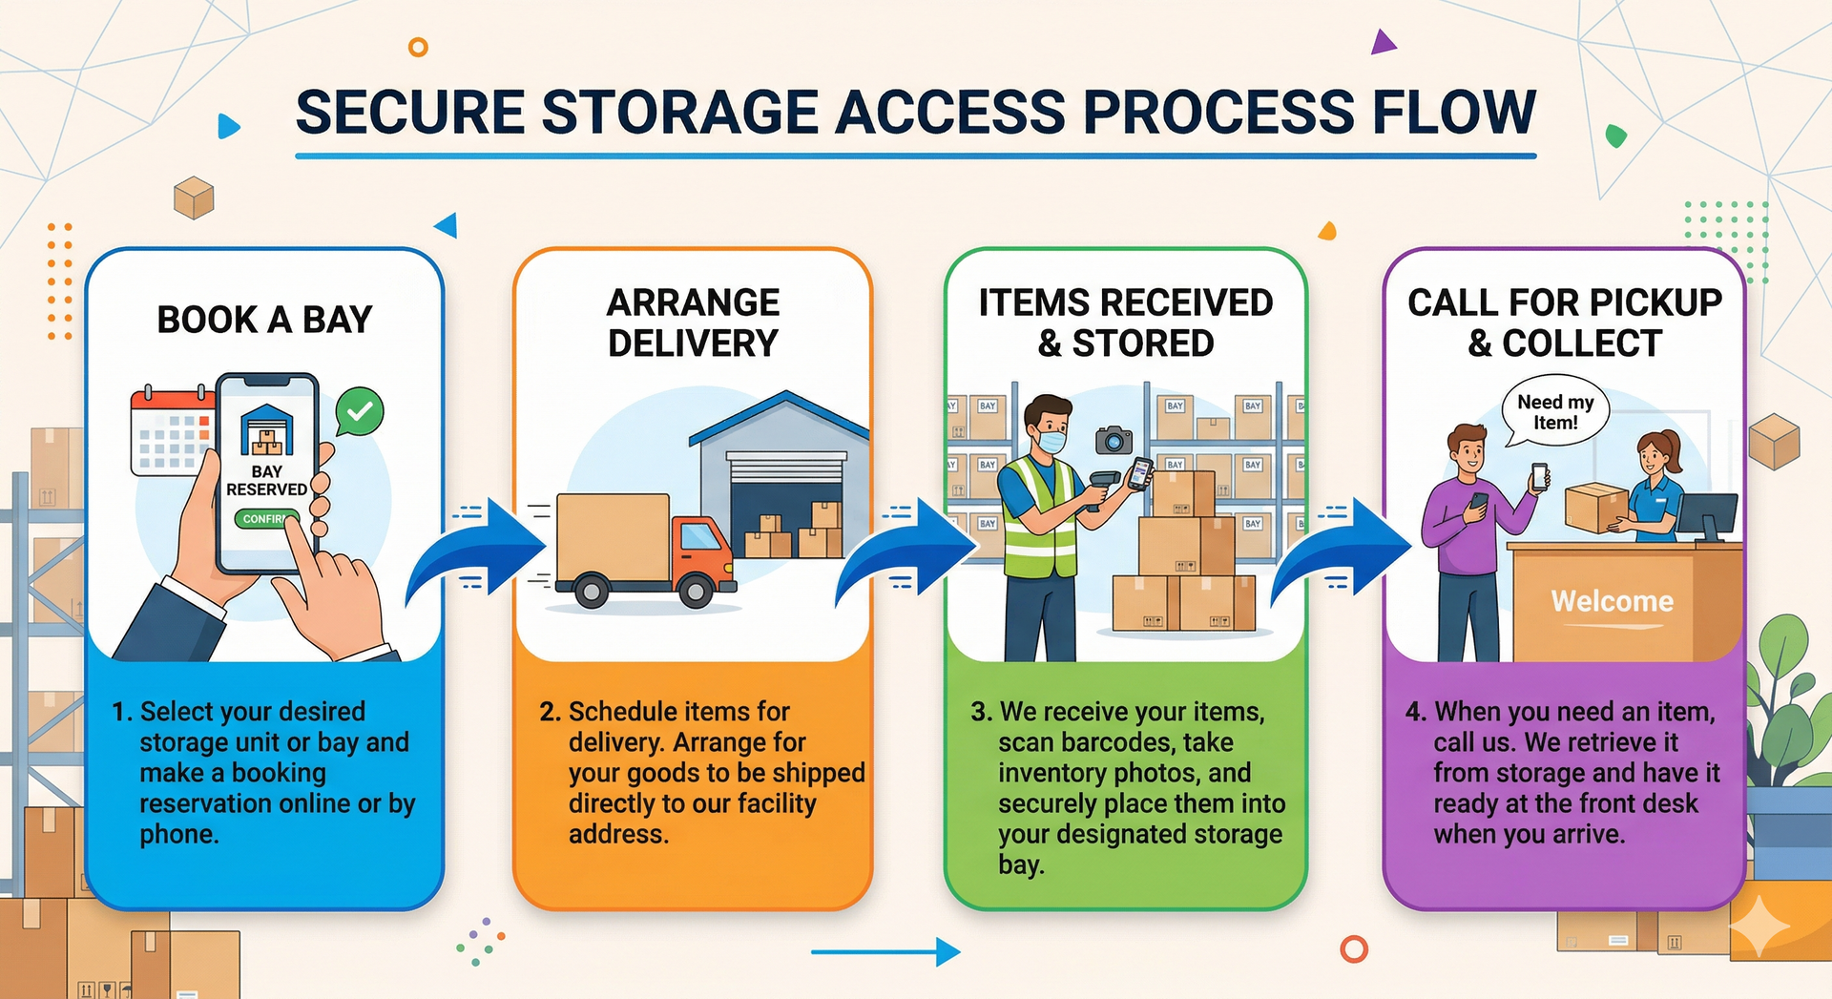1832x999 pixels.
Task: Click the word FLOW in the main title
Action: pos(1453,112)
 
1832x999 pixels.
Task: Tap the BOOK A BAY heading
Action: pos(264,320)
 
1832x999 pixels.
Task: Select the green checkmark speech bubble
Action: pos(360,412)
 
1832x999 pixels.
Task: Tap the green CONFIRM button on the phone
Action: pos(266,519)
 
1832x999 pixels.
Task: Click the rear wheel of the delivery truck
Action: pos(592,592)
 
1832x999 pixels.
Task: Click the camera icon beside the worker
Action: pos(1114,439)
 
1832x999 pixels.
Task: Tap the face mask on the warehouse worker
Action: pos(1051,442)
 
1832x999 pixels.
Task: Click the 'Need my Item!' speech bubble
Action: pos(1555,412)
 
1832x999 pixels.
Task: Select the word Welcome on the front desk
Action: pos(1612,601)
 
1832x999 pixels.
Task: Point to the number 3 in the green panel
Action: pos(979,712)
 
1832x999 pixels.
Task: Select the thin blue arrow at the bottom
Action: pos(885,951)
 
